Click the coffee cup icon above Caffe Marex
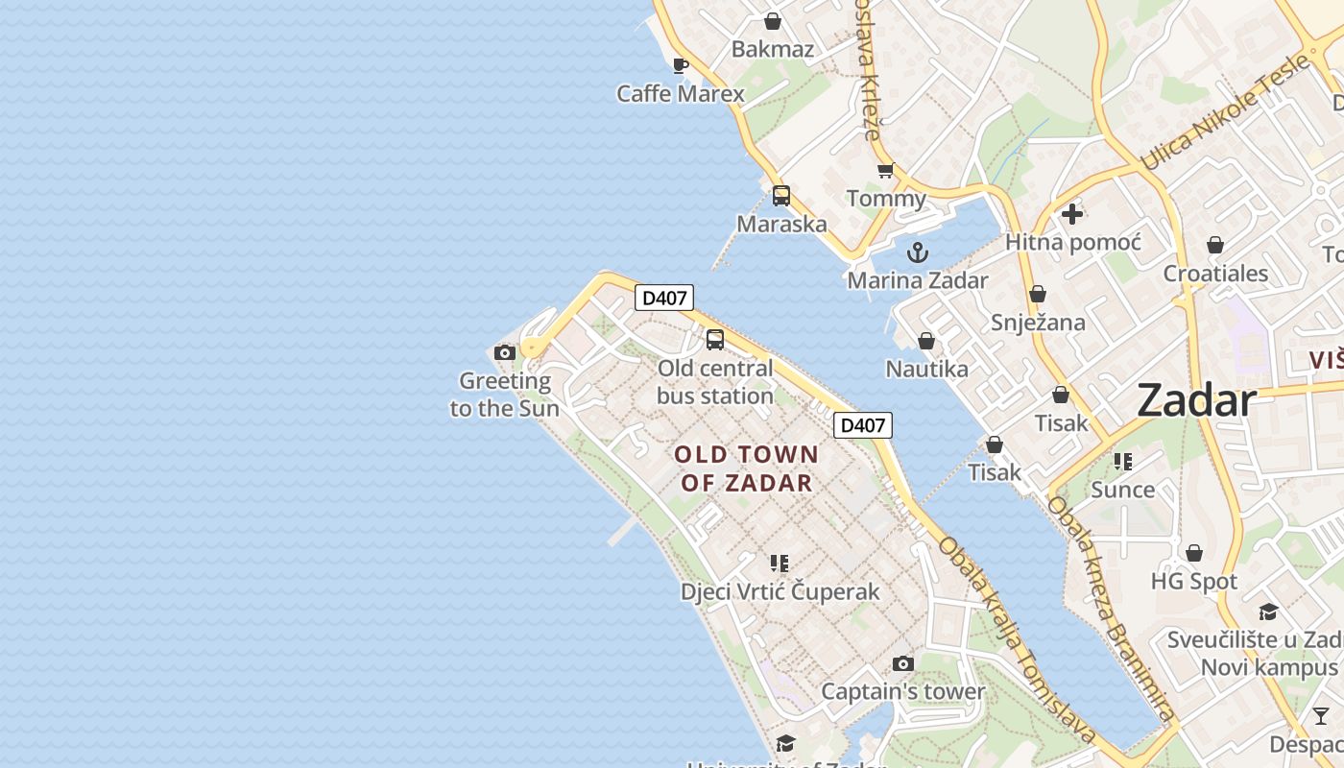point(680,66)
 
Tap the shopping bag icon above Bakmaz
point(772,21)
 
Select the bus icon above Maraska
point(781,196)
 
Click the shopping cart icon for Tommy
point(885,171)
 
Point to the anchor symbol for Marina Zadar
point(918,252)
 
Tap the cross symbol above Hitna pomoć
point(1072,214)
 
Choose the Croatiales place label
point(1215,274)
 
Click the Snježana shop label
point(1038,323)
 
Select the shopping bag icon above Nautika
point(926,341)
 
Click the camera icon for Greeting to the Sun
point(505,353)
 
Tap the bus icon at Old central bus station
point(715,339)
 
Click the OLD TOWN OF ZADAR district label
point(747,468)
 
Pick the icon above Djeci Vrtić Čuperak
point(780,564)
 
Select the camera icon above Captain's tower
point(902,663)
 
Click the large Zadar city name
point(1196,400)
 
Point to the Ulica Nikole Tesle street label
point(1225,112)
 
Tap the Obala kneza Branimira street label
point(1111,609)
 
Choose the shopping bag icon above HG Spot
point(1194,553)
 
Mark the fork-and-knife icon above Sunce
point(1123,462)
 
